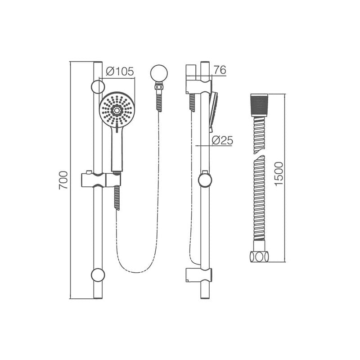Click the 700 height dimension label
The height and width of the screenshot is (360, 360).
click(x=63, y=180)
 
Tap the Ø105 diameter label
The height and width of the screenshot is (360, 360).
click(x=120, y=72)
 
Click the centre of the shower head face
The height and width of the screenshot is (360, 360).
click(x=117, y=110)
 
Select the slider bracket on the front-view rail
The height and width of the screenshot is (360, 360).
click(x=100, y=180)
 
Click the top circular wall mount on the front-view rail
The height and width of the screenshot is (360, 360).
click(x=98, y=86)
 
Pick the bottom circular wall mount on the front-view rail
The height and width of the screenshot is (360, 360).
click(x=98, y=274)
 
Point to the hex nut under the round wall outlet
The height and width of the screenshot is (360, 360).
click(x=158, y=85)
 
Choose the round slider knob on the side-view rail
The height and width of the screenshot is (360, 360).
click(x=205, y=180)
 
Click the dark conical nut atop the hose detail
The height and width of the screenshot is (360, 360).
click(x=259, y=104)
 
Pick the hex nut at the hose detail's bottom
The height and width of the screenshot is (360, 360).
click(x=259, y=256)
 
